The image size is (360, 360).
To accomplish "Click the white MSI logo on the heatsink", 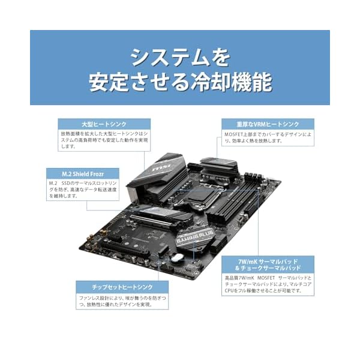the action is pyautogui.click(x=161, y=168).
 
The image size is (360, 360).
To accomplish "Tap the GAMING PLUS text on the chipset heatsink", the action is pyautogui.click(x=194, y=237).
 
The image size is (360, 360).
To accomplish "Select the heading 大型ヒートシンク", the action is pyautogui.click(x=104, y=124).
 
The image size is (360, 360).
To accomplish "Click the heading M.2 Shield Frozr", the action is pyautogui.click(x=83, y=174).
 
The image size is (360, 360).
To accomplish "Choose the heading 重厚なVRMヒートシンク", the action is pyautogui.click(x=268, y=124).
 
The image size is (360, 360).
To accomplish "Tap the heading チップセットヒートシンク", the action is pyautogui.click(x=122, y=287).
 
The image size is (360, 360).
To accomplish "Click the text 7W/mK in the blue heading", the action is pyautogui.click(x=248, y=262).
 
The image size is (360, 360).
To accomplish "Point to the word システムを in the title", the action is pyautogui.click(x=180, y=58).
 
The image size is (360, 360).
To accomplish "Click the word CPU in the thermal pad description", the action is pyautogui.click(x=229, y=290).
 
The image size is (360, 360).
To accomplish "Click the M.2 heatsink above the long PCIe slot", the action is pyautogui.click(x=161, y=216).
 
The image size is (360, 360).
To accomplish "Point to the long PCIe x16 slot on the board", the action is pyautogui.click(x=125, y=250).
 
